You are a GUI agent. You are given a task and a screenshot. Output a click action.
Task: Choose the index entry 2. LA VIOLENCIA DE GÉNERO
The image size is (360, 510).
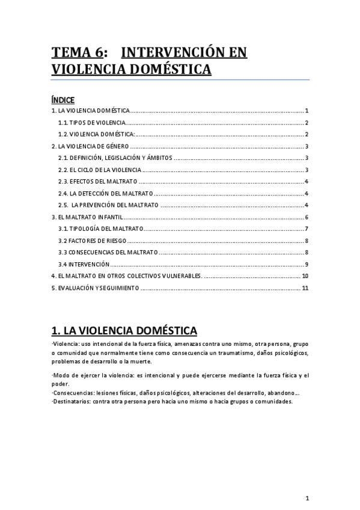pos(90,146)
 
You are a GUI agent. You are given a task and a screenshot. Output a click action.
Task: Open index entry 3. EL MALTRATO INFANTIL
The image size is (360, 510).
pos(87,217)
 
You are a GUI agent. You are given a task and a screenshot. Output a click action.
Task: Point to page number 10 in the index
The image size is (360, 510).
pos(305,276)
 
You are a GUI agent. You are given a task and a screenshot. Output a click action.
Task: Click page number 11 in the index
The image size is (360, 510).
pos(305,288)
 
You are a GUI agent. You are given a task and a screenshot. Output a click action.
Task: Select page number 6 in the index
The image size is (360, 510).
pos(307,217)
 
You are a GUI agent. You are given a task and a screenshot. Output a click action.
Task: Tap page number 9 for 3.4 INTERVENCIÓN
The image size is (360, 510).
pos(307,264)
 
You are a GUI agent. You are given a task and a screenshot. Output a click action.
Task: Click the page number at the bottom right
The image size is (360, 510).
pos(307,498)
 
